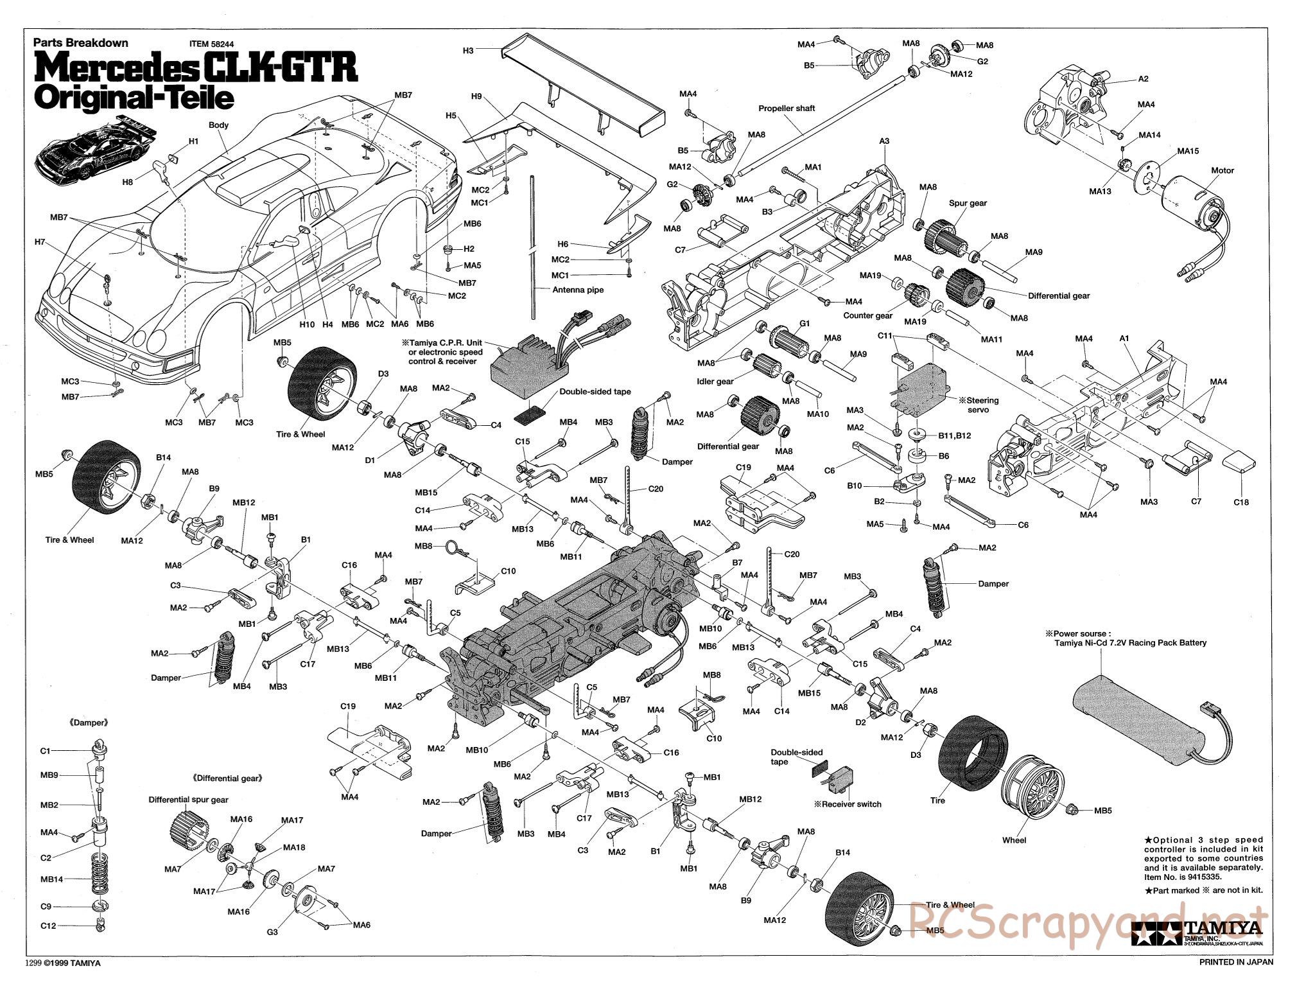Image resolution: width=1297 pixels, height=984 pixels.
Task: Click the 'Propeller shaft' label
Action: point(787,109)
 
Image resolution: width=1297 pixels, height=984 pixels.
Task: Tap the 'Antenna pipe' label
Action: point(578,290)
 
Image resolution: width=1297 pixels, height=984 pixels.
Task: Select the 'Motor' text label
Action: point(1223,170)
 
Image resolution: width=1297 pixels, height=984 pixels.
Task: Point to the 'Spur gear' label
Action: point(968,203)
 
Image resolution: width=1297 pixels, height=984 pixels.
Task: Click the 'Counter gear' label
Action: point(868,315)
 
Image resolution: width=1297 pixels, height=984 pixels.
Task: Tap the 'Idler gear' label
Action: point(715,382)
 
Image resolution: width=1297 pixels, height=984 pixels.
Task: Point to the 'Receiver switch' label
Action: point(848,804)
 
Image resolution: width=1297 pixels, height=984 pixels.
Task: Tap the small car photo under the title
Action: point(96,150)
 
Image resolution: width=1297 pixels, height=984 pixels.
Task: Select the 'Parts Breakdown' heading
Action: point(81,43)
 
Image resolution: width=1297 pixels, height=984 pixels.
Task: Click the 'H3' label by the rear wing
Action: point(468,50)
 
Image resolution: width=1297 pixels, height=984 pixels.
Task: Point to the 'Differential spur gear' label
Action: point(188,800)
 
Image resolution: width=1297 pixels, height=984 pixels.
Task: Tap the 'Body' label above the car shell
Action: point(218,125)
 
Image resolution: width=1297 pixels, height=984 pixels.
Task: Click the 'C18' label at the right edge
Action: point(1241,502)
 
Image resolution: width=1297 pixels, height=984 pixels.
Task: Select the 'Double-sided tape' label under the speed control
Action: point(595,391)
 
